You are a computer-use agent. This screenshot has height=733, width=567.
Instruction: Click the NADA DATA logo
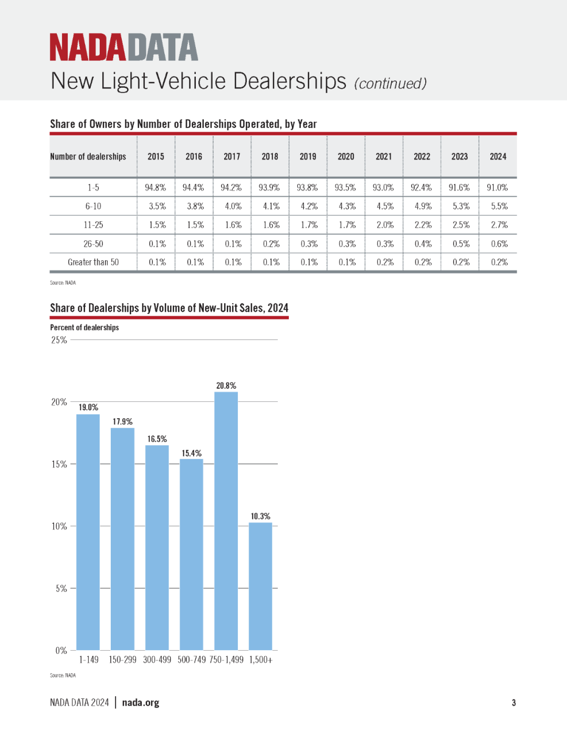(x=124, y=47)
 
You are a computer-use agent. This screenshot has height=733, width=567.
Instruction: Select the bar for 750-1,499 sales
(x=226, y=521)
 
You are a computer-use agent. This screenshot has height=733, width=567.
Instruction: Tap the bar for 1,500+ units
(x=260, y=586)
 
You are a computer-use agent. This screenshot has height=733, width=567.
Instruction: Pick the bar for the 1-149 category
(x=88, y=532)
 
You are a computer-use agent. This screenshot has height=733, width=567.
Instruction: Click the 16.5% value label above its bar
(x=157, y=439)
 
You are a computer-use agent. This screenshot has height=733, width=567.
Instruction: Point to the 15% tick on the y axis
(x=59, y=464)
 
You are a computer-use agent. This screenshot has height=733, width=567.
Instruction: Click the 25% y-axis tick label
(x=59, y=340)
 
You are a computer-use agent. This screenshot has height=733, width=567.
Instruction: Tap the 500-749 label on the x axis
(x=192, y=660)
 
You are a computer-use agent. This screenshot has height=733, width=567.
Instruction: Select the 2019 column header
(x=308, y=156)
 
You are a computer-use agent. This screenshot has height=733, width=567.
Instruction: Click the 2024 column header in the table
(x=498, y=156)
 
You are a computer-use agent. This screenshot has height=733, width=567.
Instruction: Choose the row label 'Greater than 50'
(x=93, y=262)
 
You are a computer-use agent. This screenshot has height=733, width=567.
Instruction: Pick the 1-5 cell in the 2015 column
(x=155, y=187)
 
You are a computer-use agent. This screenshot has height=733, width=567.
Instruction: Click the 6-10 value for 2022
(x=423, y=206)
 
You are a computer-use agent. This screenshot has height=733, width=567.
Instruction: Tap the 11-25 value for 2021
(x=385, y=225)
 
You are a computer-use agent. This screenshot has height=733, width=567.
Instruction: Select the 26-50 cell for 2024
(x=499, y=243)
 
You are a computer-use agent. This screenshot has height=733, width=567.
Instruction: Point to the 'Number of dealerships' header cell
(x=88, y=156)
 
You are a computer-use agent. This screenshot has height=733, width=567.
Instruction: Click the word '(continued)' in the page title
(x=391, y=83)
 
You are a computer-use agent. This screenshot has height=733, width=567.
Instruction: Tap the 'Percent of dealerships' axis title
(x=85, y=327)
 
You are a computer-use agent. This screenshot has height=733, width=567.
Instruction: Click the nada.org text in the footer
(x=140, y=703)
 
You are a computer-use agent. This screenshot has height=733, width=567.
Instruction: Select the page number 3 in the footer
(x=513, y=703)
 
